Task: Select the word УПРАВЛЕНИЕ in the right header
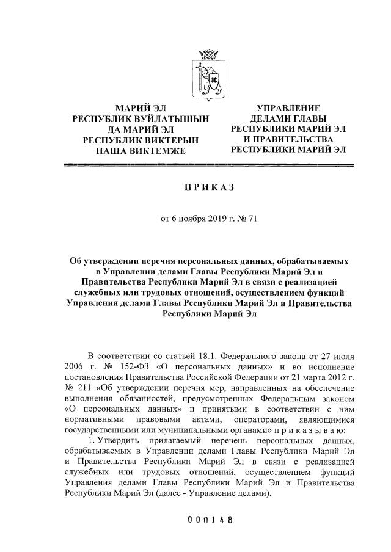pos(288,109)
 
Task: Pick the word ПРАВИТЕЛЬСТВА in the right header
pos(296,140)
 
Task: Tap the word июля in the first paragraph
pos(343,355)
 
